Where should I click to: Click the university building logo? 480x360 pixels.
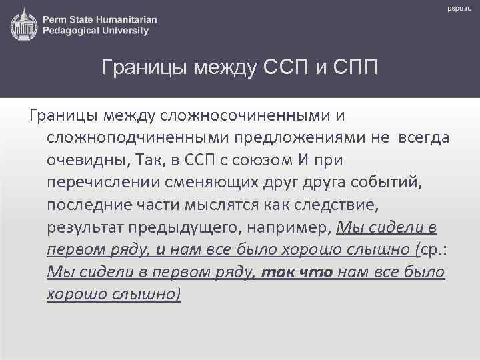coord(23,25)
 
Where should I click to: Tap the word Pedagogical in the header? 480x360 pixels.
coord(71,31)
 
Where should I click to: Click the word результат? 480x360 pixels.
coord(87,228)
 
